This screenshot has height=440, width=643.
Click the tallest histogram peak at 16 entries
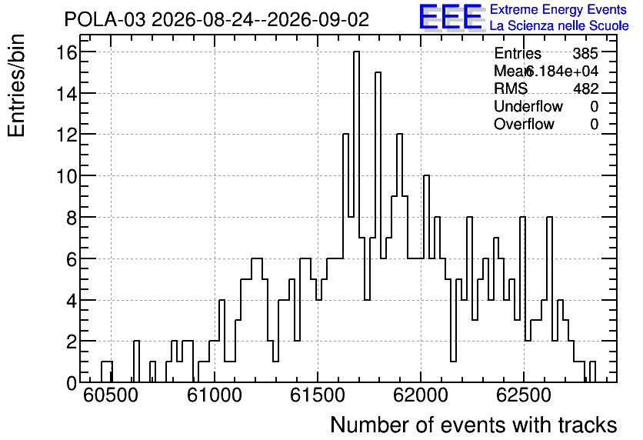point(356,52)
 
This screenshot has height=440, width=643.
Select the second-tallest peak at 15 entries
point(378,72)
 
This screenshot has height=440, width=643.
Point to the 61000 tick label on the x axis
point(215,395)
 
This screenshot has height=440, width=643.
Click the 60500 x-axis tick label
point(111,395)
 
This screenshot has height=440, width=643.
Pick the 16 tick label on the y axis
point(66,52)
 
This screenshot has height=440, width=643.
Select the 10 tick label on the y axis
point(66,176)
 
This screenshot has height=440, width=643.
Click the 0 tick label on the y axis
point(72,383)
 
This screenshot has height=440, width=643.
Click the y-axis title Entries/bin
point(17,85)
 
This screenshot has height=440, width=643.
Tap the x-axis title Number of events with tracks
point(474,425)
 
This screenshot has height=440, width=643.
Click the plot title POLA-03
point(105,20)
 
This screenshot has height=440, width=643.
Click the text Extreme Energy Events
point(558,9)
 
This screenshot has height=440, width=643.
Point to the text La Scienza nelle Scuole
point(559,26)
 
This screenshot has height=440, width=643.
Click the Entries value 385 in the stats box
point(585,53)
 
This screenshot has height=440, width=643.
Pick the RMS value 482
point(586,88)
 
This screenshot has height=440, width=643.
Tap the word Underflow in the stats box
point(528,106)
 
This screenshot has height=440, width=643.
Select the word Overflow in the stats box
point(524,124)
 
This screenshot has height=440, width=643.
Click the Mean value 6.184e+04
point(561,71)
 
